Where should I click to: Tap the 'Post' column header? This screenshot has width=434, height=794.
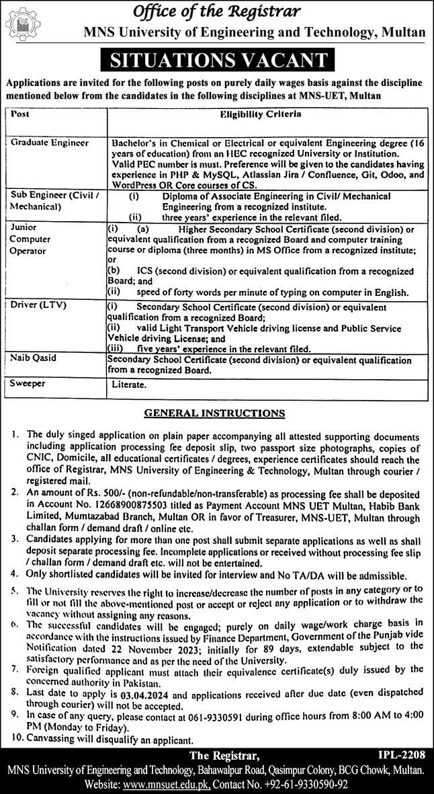20,115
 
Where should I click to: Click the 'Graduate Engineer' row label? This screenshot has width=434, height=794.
49,143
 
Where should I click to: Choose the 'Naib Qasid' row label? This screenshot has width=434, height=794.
32,361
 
